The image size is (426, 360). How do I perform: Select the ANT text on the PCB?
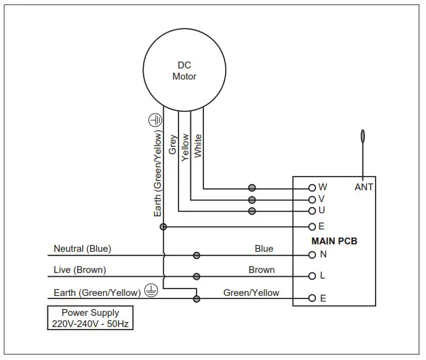tap(364, 187)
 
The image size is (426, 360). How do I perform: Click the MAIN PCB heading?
tap(334, 241)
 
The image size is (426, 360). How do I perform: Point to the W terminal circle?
tap(312, 187)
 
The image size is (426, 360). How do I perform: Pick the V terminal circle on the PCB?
tap(312, 200)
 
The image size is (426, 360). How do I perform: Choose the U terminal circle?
tap(312, 211)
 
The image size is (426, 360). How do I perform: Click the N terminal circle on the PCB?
tap(312, 255)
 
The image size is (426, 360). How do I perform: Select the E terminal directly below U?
tap(312, 227)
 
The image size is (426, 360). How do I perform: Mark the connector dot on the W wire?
tap(252, 187)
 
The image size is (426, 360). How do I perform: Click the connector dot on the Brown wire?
tap(197, 277)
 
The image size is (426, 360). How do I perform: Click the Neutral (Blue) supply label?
tap(82, 249)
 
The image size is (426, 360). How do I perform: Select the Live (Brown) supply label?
tap(80, 270)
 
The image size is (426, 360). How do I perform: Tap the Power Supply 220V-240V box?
tap(90, 318)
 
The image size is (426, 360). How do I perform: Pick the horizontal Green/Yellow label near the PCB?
tap(251, 292)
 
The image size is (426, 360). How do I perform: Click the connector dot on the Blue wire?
tap(197, 255)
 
